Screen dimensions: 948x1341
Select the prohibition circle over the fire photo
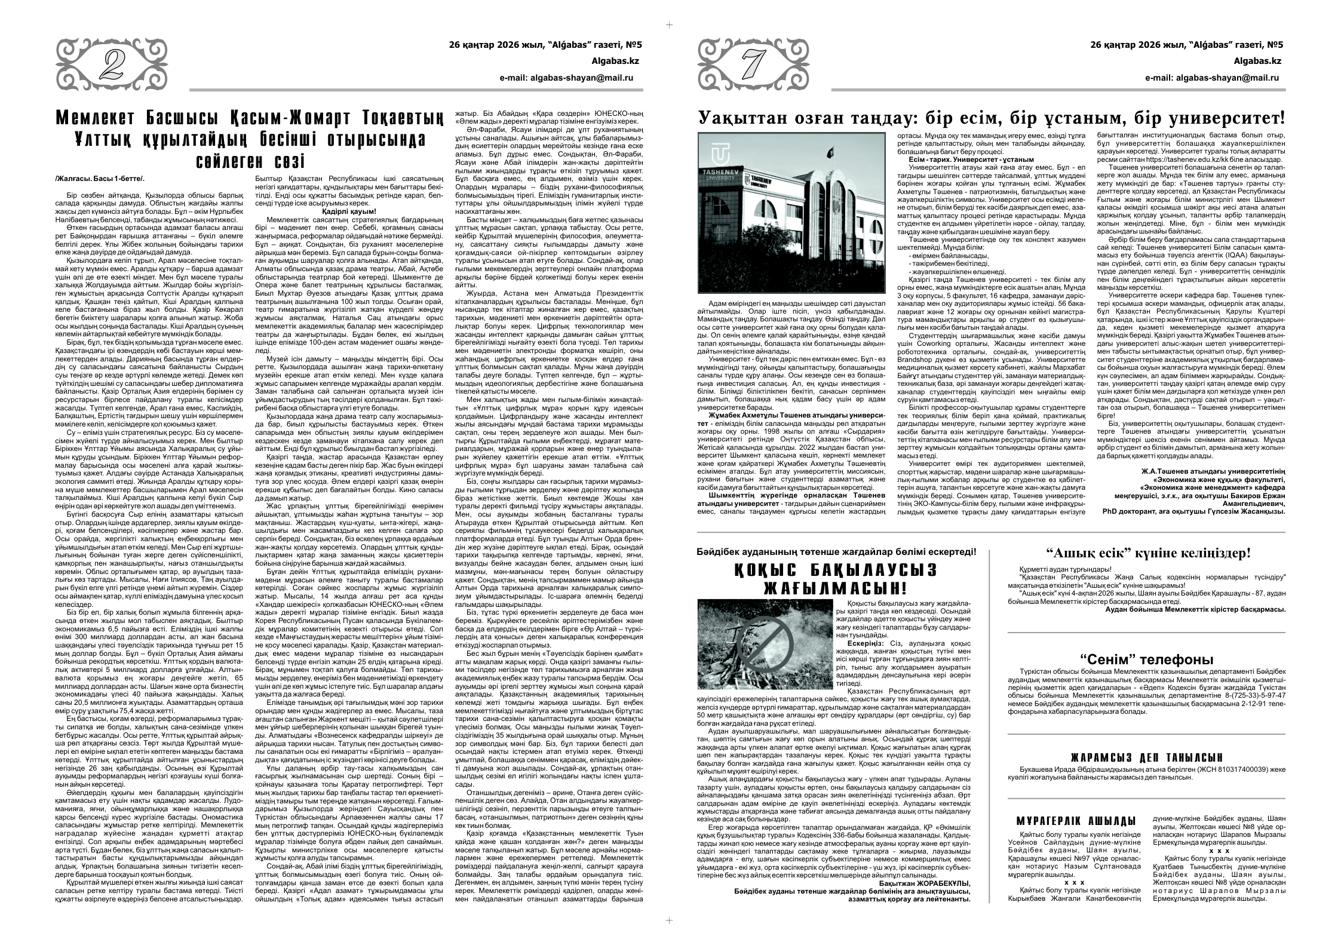tap(765, 645)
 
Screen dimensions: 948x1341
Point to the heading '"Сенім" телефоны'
tap(1146, 659)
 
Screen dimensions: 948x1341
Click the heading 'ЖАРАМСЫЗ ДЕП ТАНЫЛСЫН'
tap(1146, 757)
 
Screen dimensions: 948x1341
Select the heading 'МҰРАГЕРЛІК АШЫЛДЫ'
tap(1075, 820)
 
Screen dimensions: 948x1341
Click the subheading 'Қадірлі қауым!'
tap(349, 211)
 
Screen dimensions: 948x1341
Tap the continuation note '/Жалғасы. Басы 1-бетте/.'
tap(99, 177)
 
